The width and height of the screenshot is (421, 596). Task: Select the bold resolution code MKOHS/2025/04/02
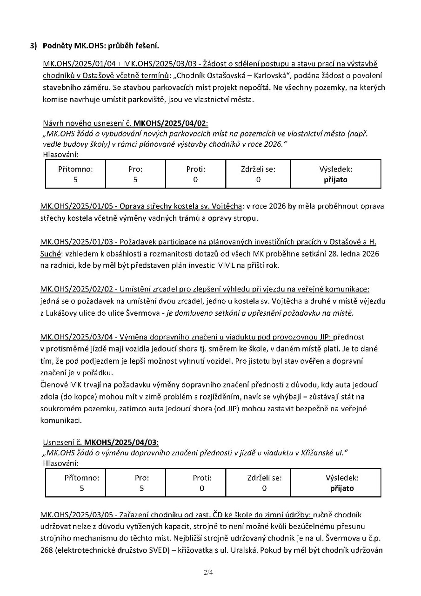point(170,123)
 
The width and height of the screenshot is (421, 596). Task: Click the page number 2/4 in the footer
point(210,572)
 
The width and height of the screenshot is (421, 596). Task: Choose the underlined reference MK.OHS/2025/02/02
point(69,290)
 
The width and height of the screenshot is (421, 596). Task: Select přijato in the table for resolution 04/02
point(335,179)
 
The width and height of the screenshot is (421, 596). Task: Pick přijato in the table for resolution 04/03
point(342,488)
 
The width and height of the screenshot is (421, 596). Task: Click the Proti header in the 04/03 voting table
point(202,478)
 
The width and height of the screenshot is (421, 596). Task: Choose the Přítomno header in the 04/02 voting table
point(75,169)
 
